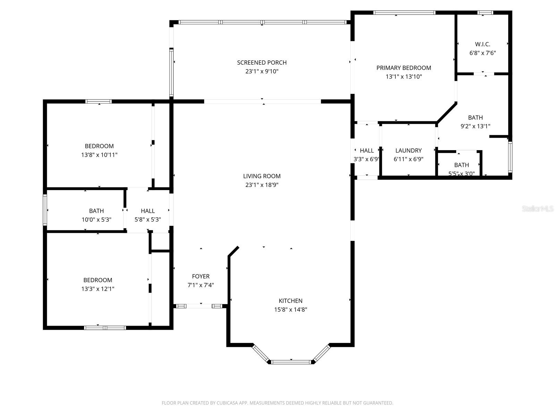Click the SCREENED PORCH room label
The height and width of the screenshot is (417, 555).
click(262, 63)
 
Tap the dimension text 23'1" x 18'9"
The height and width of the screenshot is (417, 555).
click(262, 185)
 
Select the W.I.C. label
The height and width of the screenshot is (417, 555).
click(483, 44)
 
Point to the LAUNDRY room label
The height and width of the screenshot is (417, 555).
click(408, 150)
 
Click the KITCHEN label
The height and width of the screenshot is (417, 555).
click(290, 301)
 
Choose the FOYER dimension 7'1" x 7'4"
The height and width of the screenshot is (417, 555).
click(200, 285)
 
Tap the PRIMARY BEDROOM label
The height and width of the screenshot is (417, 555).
click(403, 68)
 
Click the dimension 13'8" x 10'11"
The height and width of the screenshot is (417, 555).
click(99, 155)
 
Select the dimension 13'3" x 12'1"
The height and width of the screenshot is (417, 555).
click(97, 289)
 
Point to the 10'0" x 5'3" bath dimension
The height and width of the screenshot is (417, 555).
click(96, 220)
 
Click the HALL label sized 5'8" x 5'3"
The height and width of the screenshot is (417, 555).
click(147, 211)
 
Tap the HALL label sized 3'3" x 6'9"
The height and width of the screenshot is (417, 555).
click(367, 150)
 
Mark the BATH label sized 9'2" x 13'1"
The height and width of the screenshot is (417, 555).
click(475, 117)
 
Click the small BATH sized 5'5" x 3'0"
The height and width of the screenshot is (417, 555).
click(461, 165)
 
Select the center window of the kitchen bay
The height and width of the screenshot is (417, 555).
click(291, 362)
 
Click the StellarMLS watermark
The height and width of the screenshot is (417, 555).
click(537, 209)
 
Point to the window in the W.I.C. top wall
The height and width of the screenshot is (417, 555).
click(485, 13)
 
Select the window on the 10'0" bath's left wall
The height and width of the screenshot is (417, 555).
click(45, 210)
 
